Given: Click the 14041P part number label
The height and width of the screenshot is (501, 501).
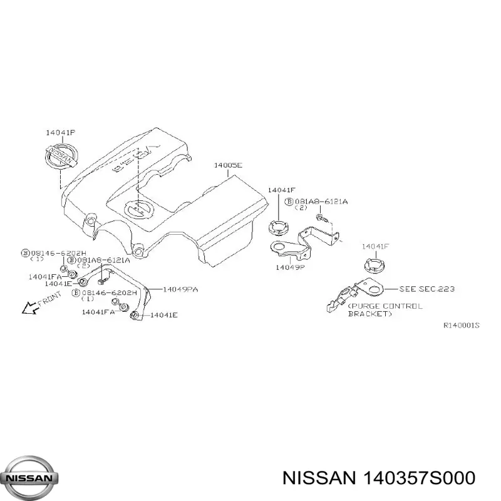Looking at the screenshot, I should click(x=60, y=133).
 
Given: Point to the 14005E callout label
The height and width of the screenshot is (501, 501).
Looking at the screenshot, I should click(x=227, y=165).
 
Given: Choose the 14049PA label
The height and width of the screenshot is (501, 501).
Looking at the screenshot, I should click(x=180, y=289).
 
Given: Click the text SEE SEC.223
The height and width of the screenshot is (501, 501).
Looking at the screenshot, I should click(x=427, y=289).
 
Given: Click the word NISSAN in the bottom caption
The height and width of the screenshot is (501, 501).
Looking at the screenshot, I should click(x=318, y=478).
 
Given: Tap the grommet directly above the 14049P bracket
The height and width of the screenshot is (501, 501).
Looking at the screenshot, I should click(x=277, y=227).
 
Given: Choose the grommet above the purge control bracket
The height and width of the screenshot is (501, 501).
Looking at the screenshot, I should click(x=372, y=266).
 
